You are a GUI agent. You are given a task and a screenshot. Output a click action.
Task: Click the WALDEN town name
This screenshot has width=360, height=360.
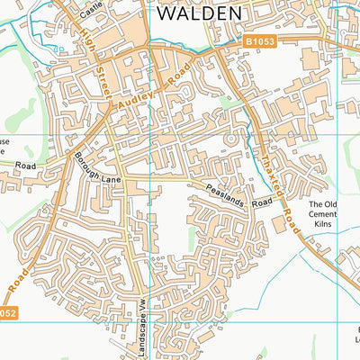pyautogui.click(x=200, y=13)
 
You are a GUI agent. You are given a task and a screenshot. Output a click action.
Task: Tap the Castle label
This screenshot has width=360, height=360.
pyautogui.click(x=91, y=11)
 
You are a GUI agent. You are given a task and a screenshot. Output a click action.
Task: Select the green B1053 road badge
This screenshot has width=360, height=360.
pyautogui.click(x=258, y=40)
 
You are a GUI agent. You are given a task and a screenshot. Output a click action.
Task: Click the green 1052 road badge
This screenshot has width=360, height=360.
pyautogui.click(x=6, y=312)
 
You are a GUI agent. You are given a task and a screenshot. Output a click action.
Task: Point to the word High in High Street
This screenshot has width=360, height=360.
pyautogui.click(x=86, y=40)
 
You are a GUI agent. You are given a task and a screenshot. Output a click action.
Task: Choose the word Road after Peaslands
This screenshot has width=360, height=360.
pyautogui.click(x=261, y=205)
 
